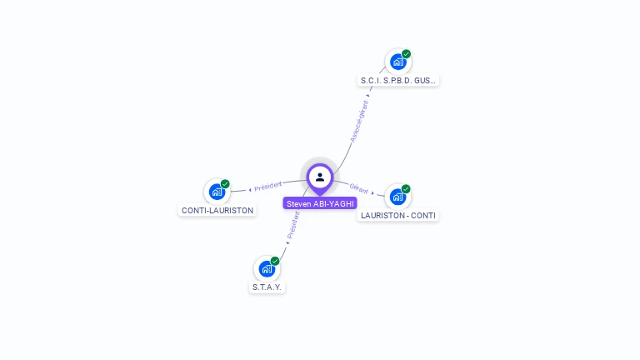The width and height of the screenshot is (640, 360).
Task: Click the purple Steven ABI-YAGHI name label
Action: (320, 203)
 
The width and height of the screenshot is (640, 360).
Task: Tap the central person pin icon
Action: (320, 177)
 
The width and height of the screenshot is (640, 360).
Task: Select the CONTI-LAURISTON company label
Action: (217, 211)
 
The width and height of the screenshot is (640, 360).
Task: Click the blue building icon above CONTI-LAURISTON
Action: (217, 192)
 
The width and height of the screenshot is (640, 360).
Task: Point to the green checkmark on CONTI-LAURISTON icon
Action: (225, 184)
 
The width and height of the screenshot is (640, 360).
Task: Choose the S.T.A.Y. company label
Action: (267, 287)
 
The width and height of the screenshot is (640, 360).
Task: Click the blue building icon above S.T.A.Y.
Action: (267, 268)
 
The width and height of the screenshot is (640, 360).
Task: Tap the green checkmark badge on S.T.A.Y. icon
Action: (275, 261)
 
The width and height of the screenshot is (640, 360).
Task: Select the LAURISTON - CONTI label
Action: (397, 216)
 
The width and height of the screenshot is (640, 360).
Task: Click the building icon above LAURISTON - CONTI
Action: (397, 197)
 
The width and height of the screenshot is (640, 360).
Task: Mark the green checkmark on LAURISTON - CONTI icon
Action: (406, 189)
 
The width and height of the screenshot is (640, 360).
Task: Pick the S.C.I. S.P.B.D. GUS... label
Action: (397, 81)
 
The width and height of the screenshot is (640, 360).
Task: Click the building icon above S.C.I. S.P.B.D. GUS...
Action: (397, 62)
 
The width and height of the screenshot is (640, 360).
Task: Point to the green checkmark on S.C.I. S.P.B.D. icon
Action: (406, 54)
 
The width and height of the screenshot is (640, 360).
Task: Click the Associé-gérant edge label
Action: (359, 122)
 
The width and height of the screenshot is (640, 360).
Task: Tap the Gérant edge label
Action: (358, 189)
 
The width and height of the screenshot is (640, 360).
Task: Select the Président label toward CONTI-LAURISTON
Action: (267, 185)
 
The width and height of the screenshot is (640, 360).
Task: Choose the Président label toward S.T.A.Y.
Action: (292, 224)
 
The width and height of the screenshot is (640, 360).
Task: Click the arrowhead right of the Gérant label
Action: (372, 192)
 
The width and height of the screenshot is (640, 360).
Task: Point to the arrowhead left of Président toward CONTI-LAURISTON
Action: (250, 189)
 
